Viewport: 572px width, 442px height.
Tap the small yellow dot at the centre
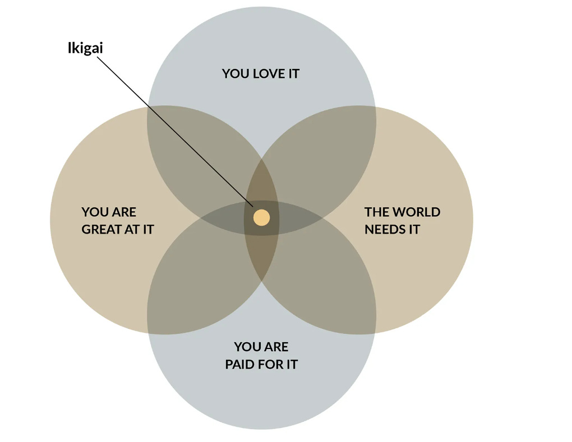261,217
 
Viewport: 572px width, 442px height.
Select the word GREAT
103,229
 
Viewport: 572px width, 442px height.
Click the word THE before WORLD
376,212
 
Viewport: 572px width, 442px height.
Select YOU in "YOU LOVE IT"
234,73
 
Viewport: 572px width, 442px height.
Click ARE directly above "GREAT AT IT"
124,212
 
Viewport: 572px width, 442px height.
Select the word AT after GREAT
132,229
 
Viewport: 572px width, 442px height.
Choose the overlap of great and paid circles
202,280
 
